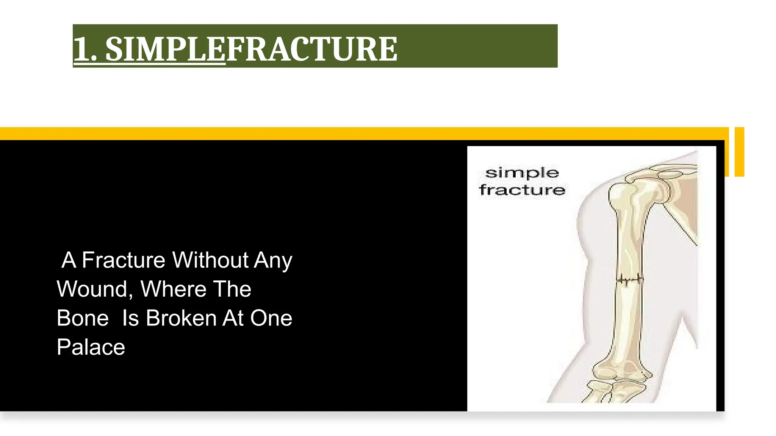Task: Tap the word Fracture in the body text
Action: (x=124, y=260)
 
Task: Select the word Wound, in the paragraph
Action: (x=95, y=290)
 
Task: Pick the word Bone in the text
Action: (x=83, y=318)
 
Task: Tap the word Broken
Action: (x=181, y=318)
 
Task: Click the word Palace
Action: (x=91, y=347)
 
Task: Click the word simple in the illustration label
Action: (x=522, y=173)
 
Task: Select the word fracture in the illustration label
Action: (x=522, y=190)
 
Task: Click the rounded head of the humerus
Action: (x=621, y=191)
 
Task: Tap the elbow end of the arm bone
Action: (x=621, y=373)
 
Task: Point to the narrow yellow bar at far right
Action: (x=739, y=152)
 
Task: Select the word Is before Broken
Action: (x=130, y=318)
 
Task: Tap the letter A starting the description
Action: (x=69, y=260)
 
